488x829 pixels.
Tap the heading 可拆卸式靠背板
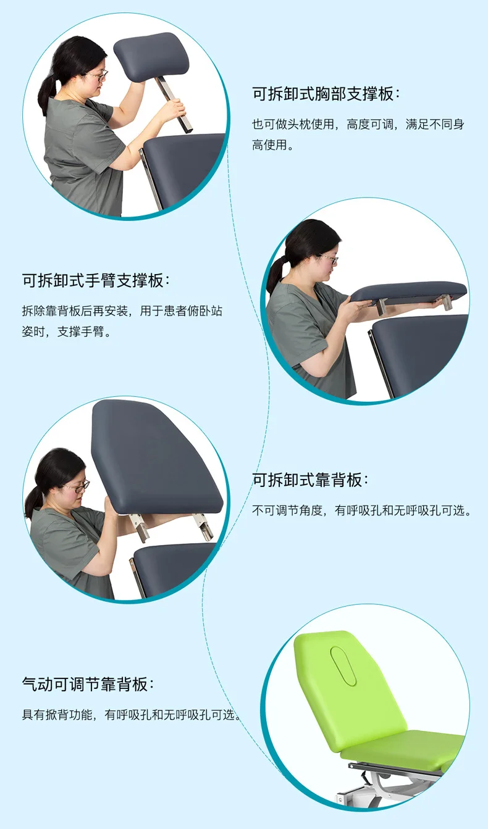[310, 480]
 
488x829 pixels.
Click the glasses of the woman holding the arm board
[327, 259]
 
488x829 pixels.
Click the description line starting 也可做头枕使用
[358, 125]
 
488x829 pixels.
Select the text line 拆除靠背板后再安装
[122, 311]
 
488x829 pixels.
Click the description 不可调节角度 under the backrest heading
[361, 511]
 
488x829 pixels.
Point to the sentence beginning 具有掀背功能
[130, 715]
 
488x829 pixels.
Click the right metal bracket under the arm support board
[445, 303]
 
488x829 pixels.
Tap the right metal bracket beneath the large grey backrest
[204, 526]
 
